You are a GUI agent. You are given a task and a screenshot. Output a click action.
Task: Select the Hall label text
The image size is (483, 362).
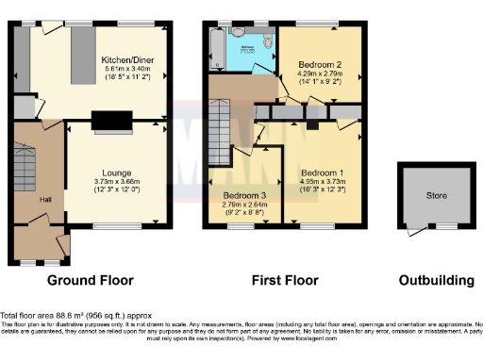click(x=44, y=200)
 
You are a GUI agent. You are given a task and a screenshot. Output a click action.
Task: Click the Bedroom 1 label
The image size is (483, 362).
click(x=323, y=173)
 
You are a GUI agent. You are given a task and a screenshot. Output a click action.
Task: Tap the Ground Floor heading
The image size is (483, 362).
click(x=91, y=280)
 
